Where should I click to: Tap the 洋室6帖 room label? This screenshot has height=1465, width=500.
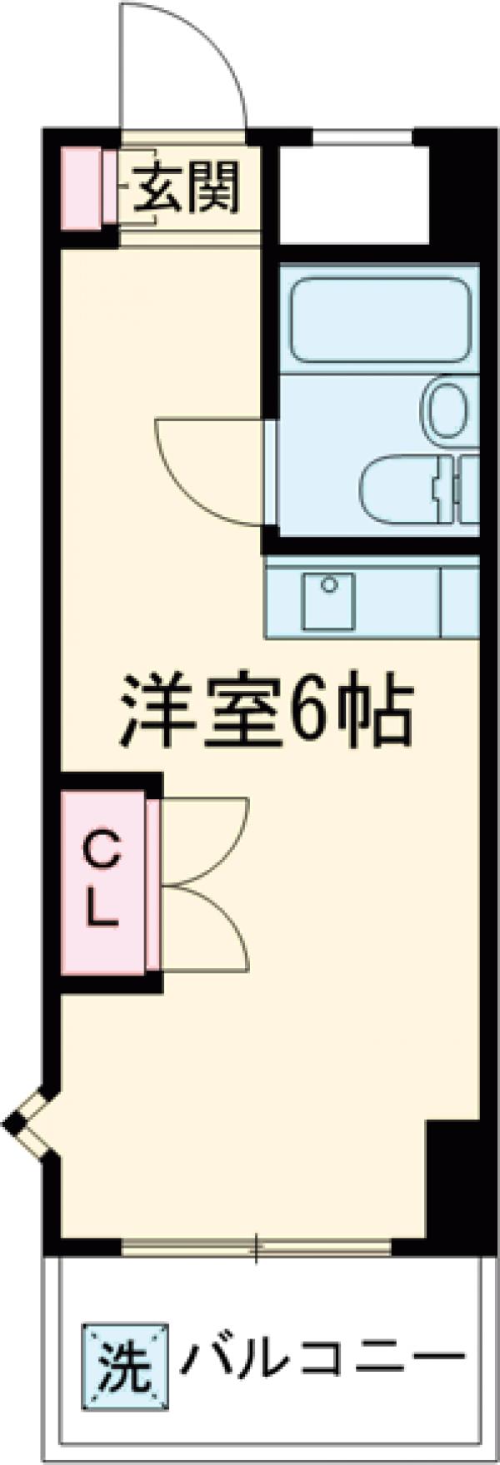click(x=267, y=708)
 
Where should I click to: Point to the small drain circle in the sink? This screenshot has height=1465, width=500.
click(x=329, y=584)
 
